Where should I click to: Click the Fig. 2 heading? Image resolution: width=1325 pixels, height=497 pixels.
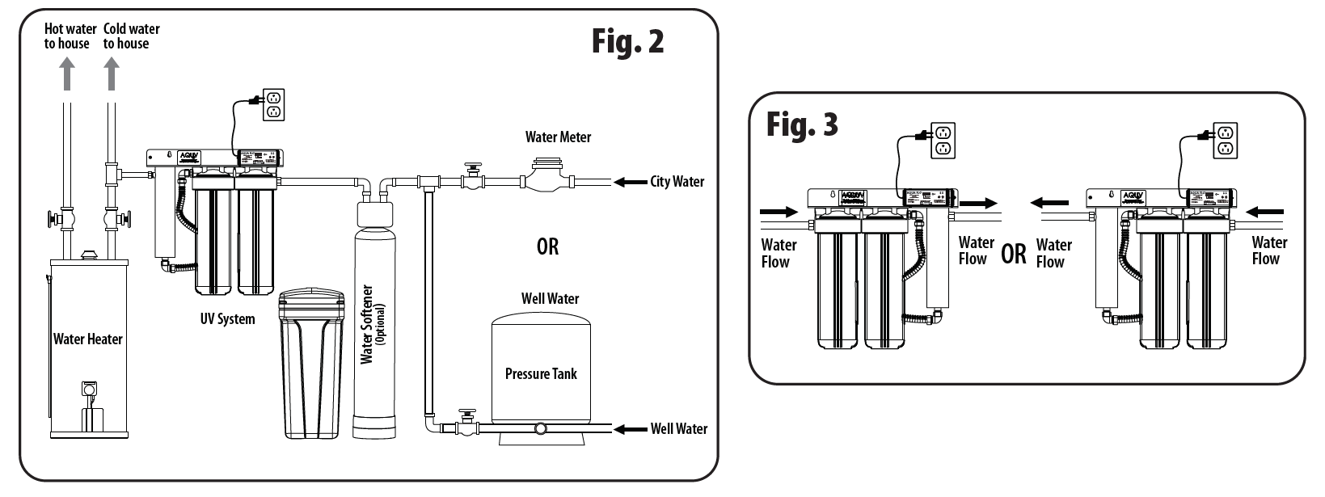tap(627, 41)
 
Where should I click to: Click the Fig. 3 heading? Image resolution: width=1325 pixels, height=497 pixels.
tap(802, 124)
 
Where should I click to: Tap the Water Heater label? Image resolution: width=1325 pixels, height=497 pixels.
tap(87, 339)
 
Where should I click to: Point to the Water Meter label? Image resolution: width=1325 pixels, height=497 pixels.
tap(558, 137)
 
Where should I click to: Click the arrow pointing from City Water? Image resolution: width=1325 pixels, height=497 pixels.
tap(630, 182)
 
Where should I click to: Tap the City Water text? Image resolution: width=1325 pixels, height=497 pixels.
tap(677, 182)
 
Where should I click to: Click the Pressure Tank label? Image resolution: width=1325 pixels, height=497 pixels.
tap(541, 373)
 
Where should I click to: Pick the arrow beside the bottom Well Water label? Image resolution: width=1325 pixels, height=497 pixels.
tap(631, 429)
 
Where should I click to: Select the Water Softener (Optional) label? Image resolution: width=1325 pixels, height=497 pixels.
tap(373, 324)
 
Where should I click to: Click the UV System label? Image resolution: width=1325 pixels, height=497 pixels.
tap(227, 318)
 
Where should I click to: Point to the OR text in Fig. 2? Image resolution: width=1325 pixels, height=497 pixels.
tap(547, 246)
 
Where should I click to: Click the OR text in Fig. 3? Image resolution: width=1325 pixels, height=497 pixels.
tap(1014, 254)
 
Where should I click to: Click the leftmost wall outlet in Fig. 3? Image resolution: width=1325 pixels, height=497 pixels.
tap(942, 140)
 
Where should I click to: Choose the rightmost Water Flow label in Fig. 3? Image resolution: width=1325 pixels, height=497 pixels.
tap(1269, 251)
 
